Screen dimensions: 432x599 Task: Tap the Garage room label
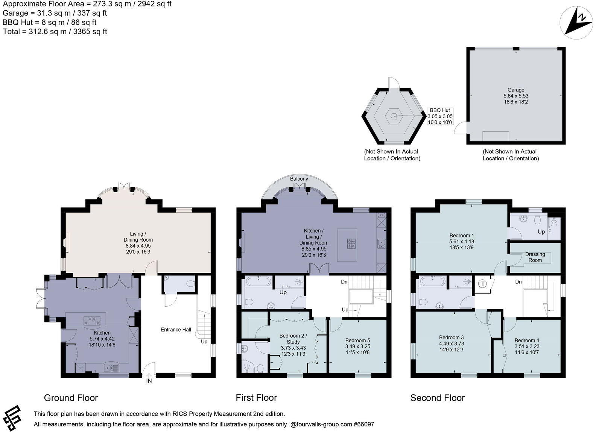click(515, 90)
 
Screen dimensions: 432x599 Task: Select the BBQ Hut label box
click(440, 116)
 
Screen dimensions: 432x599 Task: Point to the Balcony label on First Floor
click(299, 179)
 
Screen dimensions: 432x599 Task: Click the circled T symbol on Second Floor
click(482, 284)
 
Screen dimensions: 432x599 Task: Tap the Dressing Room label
click(535, 257)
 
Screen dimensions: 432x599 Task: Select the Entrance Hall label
click(176, 330)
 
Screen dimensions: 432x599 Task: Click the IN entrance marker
click(149, 381)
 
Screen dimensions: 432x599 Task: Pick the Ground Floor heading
click(71, 398)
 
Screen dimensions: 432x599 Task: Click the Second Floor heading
click(437, 398)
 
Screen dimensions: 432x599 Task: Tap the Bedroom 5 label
click(357, 340)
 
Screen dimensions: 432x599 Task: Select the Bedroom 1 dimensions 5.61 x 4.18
click(461, 242)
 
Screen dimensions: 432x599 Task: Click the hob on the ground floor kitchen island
click(92, 321)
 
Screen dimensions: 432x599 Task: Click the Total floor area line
click(55, 32)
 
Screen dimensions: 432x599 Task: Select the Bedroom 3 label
click(451, 337)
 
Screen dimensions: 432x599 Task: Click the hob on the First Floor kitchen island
click(351, 244)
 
